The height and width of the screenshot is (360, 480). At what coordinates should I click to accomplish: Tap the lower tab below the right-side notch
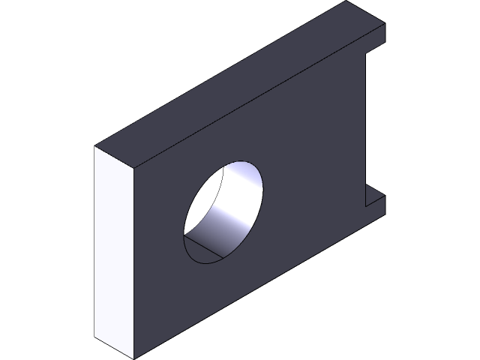click(x=374, y=202)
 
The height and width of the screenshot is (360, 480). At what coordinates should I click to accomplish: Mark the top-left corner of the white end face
click(x=94, y=147)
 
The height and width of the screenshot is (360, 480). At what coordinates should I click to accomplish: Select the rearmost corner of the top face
click(x=346, y=1)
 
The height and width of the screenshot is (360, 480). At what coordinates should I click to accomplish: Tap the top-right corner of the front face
click(x=385, y=23)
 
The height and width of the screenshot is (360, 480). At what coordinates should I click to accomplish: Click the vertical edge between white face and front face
click(x=133, y=262)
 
